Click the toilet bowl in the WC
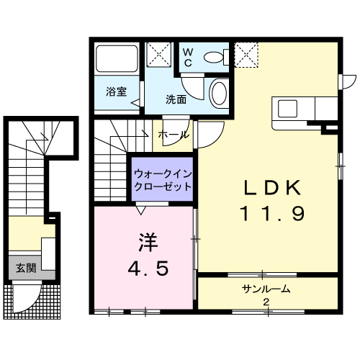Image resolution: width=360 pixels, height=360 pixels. click(213, 58)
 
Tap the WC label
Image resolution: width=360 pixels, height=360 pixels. click(188, 58)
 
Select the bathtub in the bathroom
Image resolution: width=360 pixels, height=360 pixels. click(117, 58)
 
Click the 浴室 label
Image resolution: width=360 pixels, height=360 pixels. click(117, 91)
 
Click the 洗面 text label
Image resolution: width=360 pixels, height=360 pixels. click(176, 99)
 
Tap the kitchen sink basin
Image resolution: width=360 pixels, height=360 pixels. click(287, 109)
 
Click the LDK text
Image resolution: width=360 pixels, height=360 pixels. click(273, 188)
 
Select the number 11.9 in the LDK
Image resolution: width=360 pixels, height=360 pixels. click(273, 214)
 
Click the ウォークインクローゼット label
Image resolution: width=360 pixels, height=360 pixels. click(163, 180)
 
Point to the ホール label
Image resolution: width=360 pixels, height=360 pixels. click(174, 135)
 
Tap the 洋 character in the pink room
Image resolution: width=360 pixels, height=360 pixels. click(148, 242)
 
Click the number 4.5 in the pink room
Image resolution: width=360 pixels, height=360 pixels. click(148, 269)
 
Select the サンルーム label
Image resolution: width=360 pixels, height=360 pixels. click(266, 289)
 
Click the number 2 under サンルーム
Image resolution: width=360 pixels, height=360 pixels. click(266, 302)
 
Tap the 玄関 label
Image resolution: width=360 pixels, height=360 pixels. click(26, 268)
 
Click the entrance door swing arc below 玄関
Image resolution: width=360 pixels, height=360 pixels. click(32, 303)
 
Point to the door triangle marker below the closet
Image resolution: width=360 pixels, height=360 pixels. click(141, 210)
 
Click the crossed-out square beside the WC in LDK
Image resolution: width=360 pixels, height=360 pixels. click(246, 55)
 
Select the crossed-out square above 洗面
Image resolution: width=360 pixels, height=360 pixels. click(159, 54)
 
